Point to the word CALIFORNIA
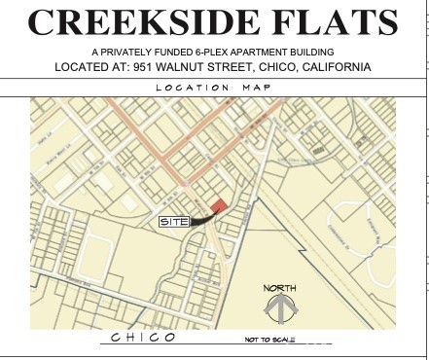[336, 67]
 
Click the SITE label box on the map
[173, 222]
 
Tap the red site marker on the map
[220, 205]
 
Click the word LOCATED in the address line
[89, 67]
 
